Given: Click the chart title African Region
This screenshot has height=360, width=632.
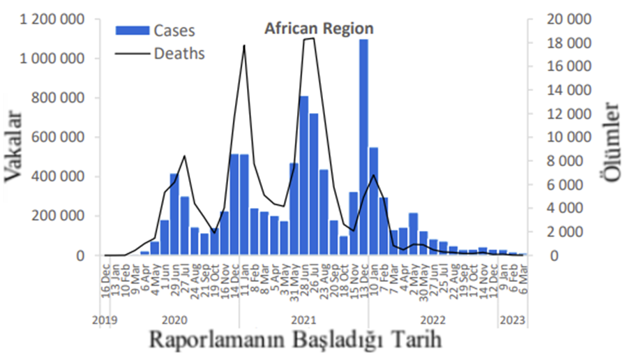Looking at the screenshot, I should pyautogui.click(x=319, y=29).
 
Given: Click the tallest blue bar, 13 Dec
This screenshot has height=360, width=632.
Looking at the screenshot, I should pyautogui.click(x=363, y=147).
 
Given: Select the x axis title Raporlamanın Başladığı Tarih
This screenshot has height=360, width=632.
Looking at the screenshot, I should pyautogui.click(x=295, y=341).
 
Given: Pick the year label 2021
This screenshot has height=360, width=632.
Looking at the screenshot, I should pyautogui.click(x=303, y=320).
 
